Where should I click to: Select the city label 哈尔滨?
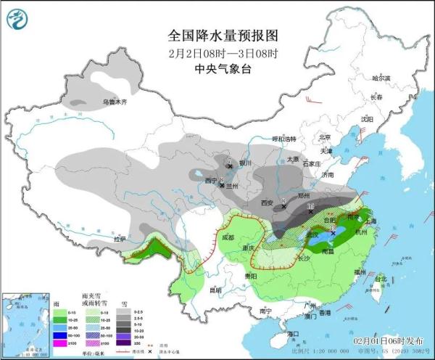[x=381, y=78]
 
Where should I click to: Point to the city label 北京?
[x=325, y=137]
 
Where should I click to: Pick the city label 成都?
[x=228, y=237]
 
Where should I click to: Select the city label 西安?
[x=268, y=203]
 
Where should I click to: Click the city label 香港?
[x=326, y=313]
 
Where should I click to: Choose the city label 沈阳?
[x=367, y=118]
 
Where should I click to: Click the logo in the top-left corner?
[x=20, y=18]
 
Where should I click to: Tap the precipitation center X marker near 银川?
[x=231, y=167]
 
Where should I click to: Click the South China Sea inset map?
[x=24, y=322]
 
